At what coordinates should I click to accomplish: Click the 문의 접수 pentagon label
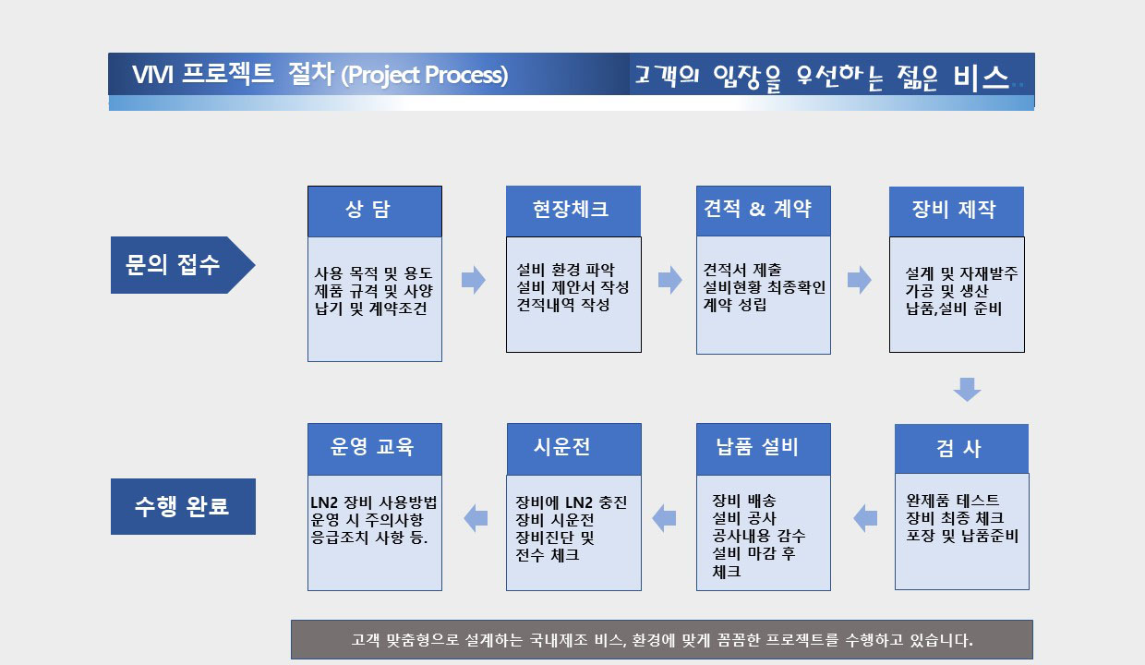pyautogui.click(x=183, y=265)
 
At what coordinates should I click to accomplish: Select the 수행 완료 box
pyautogui.click(x=183, y=506)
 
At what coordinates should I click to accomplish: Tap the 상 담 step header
pyautogui.click(x=375, y=212)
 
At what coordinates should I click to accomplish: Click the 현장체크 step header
pyautogui.click(x=573, y=211)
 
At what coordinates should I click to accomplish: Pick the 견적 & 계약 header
pyautogui.click(x=763, y=211)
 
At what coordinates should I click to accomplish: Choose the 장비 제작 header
pyautogui.click(x=957, y=212)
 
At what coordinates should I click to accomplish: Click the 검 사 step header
pyautogui.click(x=961, y=449)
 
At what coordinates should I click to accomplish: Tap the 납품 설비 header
pyautogui.click(x=763, y=449)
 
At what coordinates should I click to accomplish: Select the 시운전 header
pyautogui.click(x=574, y=449)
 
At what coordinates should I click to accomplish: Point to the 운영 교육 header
pyautogui.click(x=375, y=449)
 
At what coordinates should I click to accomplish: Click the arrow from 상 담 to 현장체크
pyautogui.click(x=474, y=280)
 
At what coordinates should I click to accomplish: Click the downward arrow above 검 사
pyautogui.click(x=967, y=390)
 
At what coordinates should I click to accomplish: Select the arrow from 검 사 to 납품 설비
pyautogui.click(x=865, y=518)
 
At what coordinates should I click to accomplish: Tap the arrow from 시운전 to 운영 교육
pyautogui.click(x=476, y=518)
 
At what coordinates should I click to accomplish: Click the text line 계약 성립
pyautogui.click(x=734, y=305)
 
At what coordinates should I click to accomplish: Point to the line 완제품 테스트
pyautogui.click(x=952, y=500)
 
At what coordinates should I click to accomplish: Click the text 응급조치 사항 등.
pyautogui.click(x=369, y=538)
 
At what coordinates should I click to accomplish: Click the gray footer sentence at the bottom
pyautogui.click(x=662, y=640)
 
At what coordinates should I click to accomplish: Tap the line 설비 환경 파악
pyautogui.click(x=565, y=270)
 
